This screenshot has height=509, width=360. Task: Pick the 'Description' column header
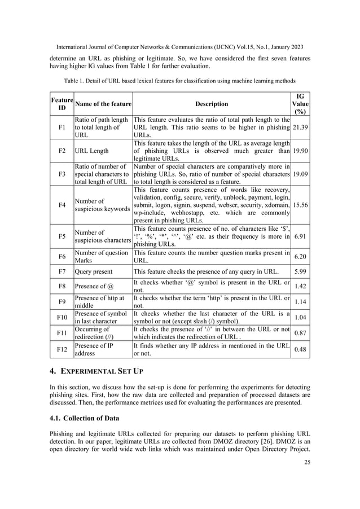212,104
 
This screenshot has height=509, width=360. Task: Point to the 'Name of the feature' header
103,104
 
